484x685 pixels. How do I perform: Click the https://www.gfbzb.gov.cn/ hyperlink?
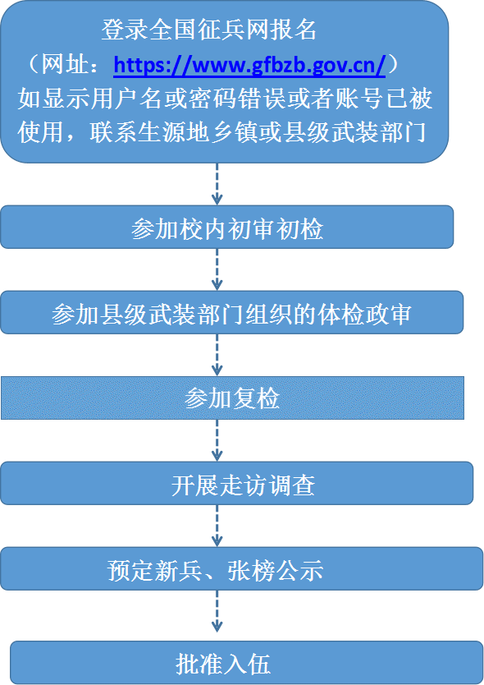249,65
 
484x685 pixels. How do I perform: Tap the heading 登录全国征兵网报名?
209,30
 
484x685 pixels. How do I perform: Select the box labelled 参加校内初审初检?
227,228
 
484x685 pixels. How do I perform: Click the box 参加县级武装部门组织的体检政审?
231,312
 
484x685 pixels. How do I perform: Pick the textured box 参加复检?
232,398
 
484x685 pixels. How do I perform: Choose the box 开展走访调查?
237,483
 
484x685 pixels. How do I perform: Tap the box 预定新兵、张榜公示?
242,569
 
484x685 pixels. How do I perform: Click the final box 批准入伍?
247,663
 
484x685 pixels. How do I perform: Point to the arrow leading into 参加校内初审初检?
217,184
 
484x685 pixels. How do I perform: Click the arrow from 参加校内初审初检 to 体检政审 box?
217,269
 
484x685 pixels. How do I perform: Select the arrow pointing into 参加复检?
217,355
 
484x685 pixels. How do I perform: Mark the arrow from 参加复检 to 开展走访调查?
217,440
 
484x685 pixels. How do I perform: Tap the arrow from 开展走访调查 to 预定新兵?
217,526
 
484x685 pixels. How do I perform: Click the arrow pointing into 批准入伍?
217,612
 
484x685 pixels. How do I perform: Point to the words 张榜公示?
276,570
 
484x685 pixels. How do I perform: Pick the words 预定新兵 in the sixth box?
155,570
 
